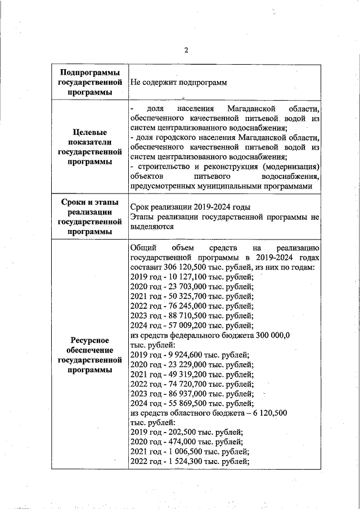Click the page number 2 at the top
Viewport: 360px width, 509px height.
click(186, 50)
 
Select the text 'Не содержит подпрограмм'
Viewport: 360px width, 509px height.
click(178, 82)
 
